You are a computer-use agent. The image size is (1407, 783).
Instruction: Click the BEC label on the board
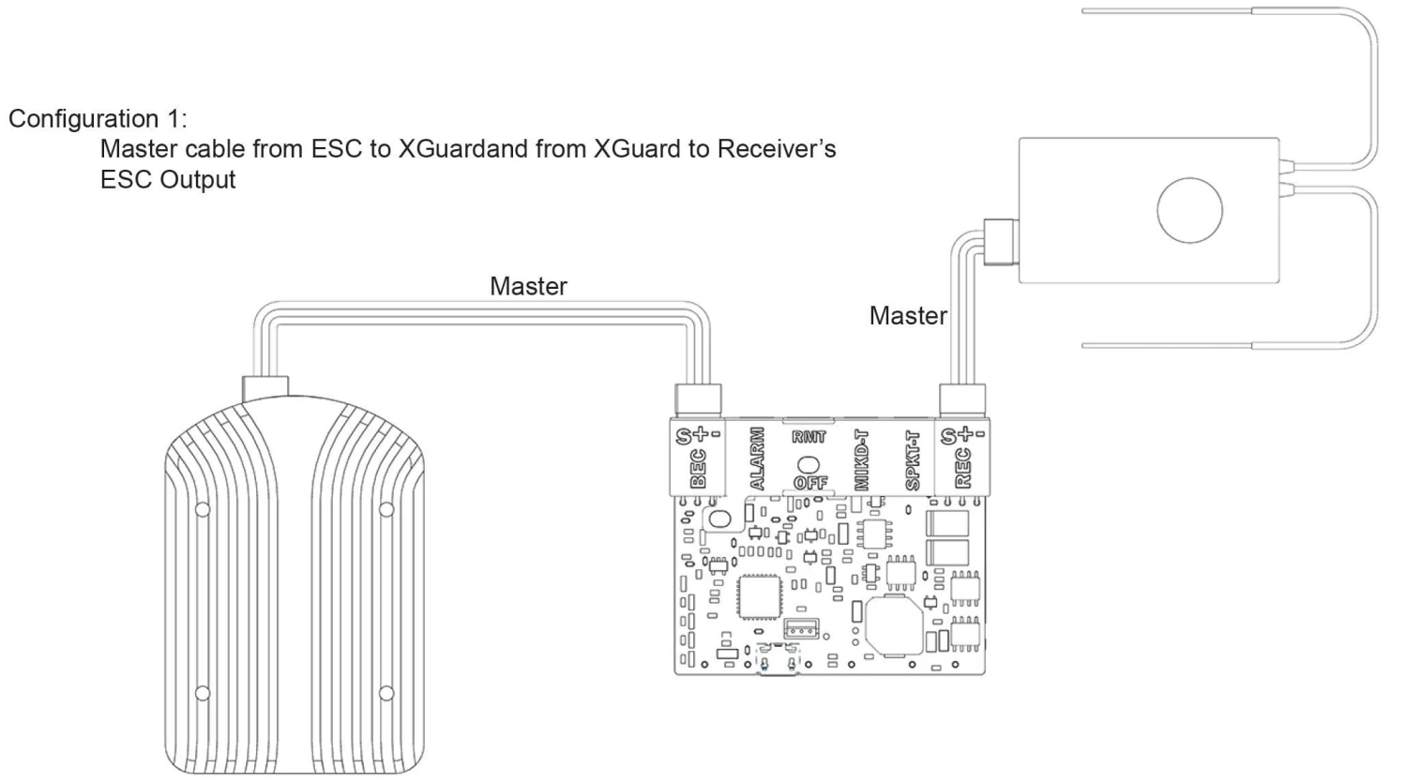[x=698, y=468]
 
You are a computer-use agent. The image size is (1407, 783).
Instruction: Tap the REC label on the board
[x=962, y=468]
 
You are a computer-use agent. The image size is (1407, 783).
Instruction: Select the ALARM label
[x=758, y=459]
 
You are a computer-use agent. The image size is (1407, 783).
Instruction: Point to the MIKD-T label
[x=863, y=459]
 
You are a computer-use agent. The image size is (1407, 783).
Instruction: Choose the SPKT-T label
[x=913, y=459]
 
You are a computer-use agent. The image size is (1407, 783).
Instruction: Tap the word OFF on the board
[x=809, y=483]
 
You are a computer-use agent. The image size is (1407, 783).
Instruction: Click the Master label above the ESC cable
[x=528, y=286]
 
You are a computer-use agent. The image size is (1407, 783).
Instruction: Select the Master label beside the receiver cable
[x=908, y=316]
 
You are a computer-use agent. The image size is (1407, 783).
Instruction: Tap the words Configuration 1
[x=98, y=119]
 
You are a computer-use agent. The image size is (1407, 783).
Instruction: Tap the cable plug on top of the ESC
[x=265, y=387]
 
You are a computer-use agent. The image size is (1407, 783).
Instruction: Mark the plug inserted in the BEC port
[x=698, y=400]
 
